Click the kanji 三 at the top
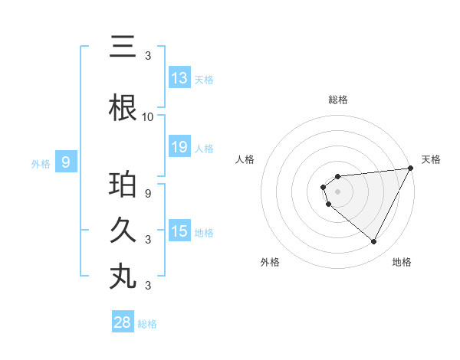(x=123, y=47)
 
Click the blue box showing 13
(x=179, y=78)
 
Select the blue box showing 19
(x=179, y=147)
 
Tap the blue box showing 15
(x=179, y=231)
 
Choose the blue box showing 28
(x=123, y=322)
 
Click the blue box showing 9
(x=66, y=162)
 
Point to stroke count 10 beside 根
(x=148, y=117)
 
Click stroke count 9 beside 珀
(x=148, y=193)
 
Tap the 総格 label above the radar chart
(x=338, y=100)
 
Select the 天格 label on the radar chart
(x=431, y=159)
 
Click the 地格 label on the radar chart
(x=402, y=262)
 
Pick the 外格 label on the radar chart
(x=270, y=262)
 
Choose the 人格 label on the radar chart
(x=245, y=159)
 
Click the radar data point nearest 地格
(x=373, y=242)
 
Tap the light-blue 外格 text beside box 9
(x=40, y=163)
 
